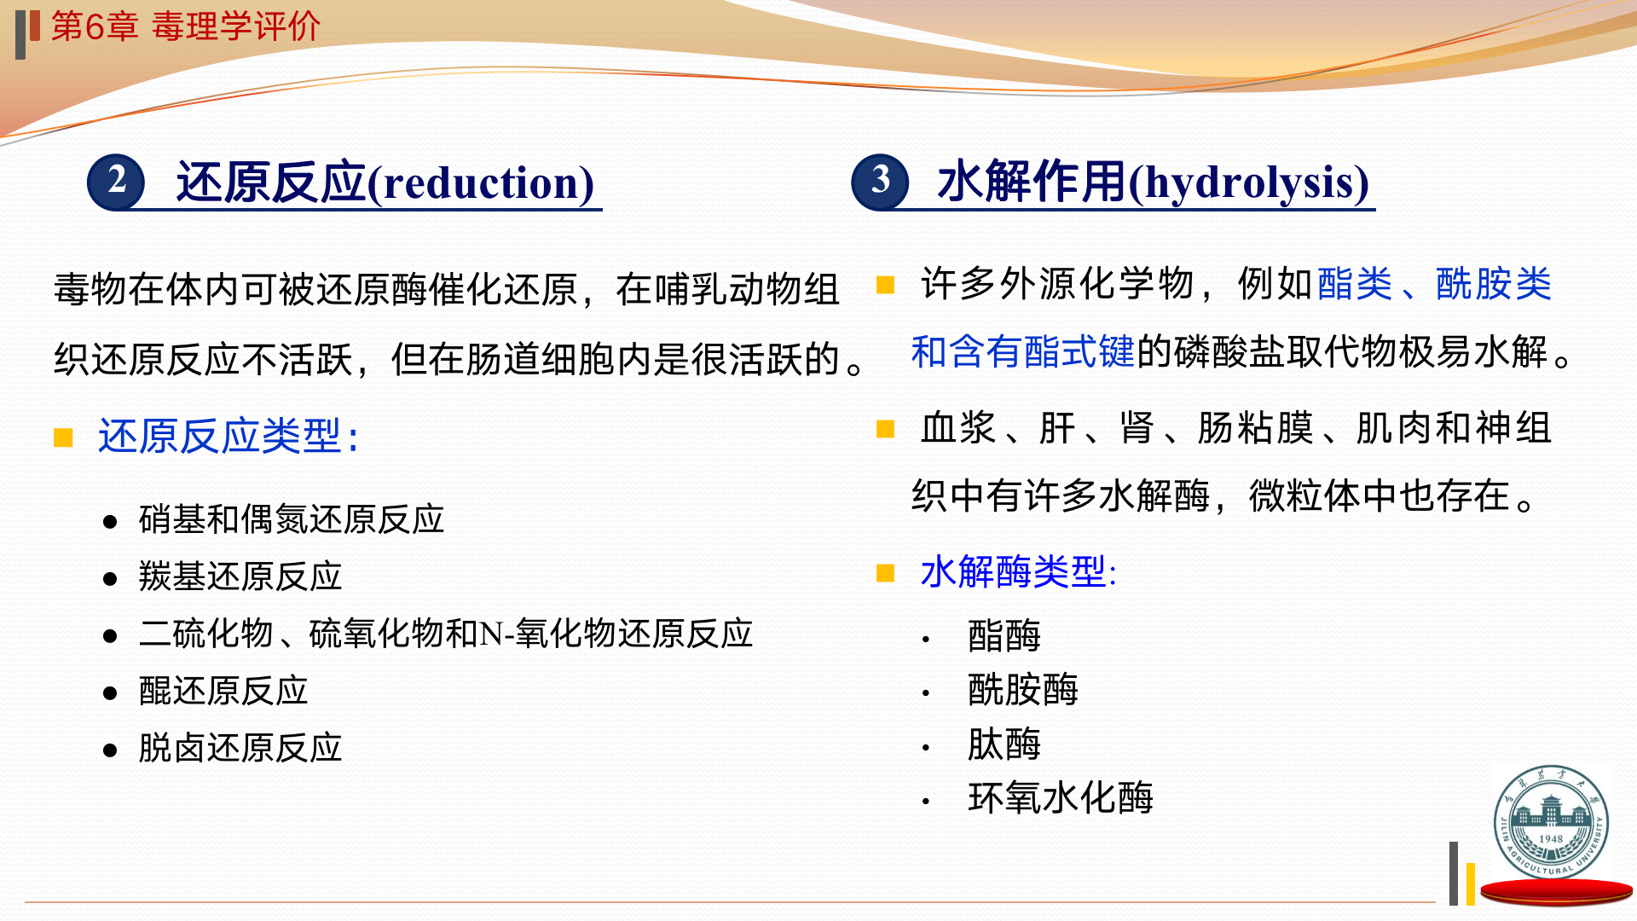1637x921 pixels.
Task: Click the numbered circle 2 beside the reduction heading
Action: (117, 182)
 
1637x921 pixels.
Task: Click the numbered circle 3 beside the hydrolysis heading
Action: (881, 182)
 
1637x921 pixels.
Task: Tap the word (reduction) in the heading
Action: (481, 183)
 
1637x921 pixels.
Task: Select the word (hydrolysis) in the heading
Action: (1249, 183)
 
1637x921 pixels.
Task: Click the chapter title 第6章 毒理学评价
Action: (186, 26)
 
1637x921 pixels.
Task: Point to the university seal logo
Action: (1551, 822)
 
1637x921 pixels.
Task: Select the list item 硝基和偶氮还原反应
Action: (292, 519)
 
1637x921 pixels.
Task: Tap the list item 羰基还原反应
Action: (240, 576)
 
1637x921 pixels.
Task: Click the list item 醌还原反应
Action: (223, 691)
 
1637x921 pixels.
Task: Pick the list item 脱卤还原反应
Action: (240, 748)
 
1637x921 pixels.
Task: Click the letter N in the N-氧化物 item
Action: (492, 634)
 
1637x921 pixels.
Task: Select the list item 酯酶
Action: (1004, 636)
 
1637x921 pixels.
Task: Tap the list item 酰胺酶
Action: (1023, 690)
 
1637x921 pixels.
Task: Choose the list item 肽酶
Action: (1004, 744)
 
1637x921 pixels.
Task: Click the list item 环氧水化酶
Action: (1061, 798)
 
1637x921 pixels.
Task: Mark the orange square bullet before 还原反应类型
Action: (63, 437)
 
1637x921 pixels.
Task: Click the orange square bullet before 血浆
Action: (886, 428)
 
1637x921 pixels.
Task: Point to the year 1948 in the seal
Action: (1551, 839)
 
